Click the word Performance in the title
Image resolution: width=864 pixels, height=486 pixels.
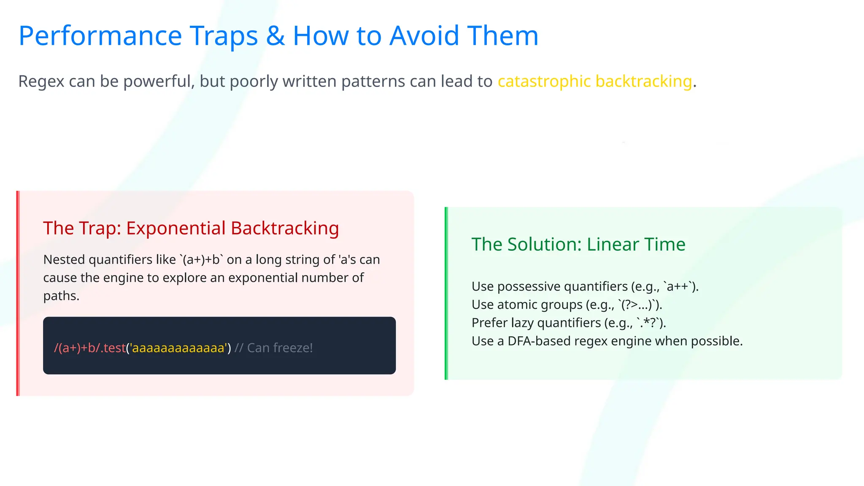click(x=100, y=36)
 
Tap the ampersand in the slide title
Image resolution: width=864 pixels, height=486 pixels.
click(x=275, y=36)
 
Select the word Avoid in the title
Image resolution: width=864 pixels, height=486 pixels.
click(x=424, y=36)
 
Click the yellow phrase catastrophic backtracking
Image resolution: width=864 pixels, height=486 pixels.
click(x=595, y=81)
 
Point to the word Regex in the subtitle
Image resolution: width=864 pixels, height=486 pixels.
click(x=41, y=81)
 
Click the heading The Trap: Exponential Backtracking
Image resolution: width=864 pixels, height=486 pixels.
click(x=191, y=228)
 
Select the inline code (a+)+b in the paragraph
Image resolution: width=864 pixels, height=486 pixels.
click(x=201, y=260)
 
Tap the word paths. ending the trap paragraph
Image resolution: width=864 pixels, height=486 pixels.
click(x=61, y=296)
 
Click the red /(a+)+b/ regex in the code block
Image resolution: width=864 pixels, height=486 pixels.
click(x=77, y=348)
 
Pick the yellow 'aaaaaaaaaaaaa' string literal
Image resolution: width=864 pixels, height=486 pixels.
click(x=178, y=348)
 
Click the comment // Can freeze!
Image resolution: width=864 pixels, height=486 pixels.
click(x=273, y=348)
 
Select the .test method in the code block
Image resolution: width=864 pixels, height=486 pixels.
click(x=113, y=348)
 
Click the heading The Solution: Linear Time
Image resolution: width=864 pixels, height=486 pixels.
click(x=578, y=245)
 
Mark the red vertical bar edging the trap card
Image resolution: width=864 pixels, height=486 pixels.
click(x=18, y=293)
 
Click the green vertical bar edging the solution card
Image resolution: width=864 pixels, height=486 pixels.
click(x=446, y=293)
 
